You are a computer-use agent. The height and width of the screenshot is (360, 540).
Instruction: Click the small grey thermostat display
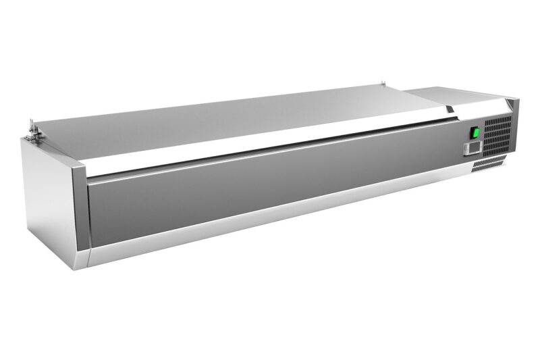[474, 147]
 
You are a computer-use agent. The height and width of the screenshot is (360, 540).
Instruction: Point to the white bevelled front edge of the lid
[270, 145]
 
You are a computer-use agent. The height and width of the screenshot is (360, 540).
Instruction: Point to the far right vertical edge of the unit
[517, 128]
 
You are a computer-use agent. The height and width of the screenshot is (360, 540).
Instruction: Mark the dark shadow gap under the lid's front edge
[270, 155]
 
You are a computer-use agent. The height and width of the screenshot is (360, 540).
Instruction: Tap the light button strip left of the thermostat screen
[466, 149]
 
